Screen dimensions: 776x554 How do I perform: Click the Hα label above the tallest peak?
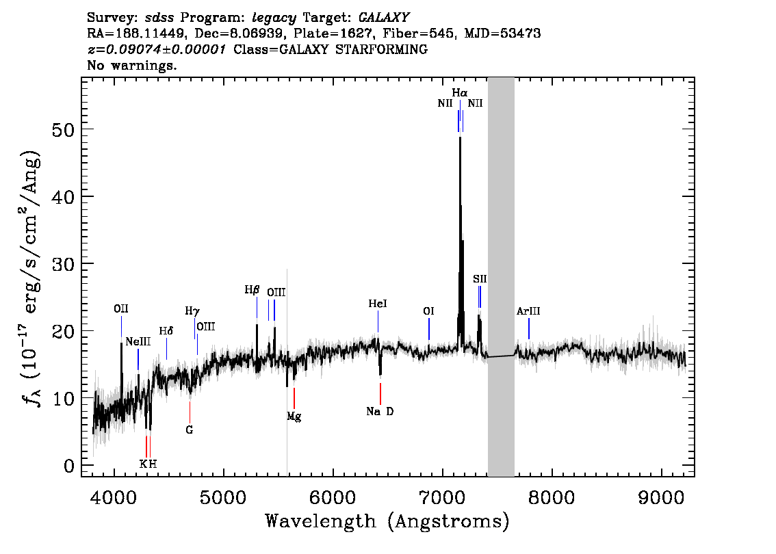[x=459, y=93]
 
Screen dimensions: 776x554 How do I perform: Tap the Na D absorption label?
[x=380, y=412]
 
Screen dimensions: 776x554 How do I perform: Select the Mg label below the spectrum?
[x=294, y=417]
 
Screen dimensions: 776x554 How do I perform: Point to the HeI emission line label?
[x=378, y=304]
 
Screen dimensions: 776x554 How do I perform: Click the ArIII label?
[x=528, y=311]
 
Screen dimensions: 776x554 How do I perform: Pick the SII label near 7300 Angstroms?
[x=480, y=279]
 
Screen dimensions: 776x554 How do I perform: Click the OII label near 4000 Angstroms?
[x=120, y=309]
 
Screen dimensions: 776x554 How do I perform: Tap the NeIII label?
[x=138, y=342]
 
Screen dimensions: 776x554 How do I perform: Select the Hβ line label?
[x=252, y=290]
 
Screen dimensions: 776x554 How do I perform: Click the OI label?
[x=428, y=311]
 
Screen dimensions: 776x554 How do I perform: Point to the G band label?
[x=189, y=430]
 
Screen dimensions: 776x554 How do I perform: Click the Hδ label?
[x=166, y=331]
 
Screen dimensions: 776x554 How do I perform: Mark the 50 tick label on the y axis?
[x=63, y=130]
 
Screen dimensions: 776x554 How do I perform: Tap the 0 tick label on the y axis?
[x=69, y=466]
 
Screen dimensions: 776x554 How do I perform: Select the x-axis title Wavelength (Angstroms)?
[x=387, y=521]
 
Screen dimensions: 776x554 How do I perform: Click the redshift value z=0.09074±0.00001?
[x=157, y=49]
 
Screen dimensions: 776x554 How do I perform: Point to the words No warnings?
[x=131, y=65]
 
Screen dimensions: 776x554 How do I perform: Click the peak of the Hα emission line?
[x=461, y=137]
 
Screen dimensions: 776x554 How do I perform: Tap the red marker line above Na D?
[x=380, y=394]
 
